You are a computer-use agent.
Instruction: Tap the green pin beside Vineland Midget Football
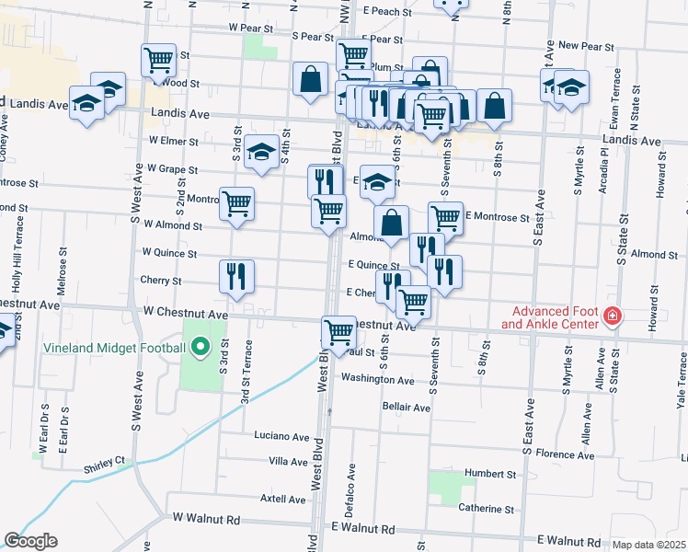tap(198, 349)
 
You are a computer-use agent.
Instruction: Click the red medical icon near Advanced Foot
tap(613, 318)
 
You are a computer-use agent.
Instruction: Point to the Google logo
tap(30, 541)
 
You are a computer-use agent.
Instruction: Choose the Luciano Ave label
tap(281, 436)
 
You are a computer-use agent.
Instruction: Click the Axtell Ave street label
tap(283, 499)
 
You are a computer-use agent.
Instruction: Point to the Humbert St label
tap(490, 475)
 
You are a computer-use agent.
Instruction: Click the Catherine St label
tap(487, 509)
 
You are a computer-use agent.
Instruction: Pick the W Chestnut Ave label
tap(185, 314)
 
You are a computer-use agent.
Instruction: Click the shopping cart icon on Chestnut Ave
tap(338, 330)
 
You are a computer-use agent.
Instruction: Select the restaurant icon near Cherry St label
tap(236, 275)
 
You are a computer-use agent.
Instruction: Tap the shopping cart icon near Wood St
tap(158, 61)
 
